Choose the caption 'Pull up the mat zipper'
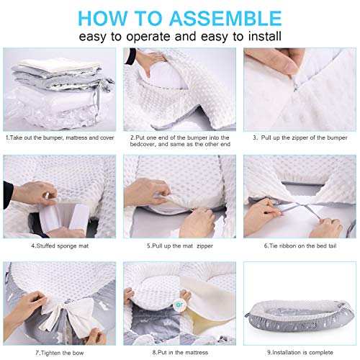[179, 244]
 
